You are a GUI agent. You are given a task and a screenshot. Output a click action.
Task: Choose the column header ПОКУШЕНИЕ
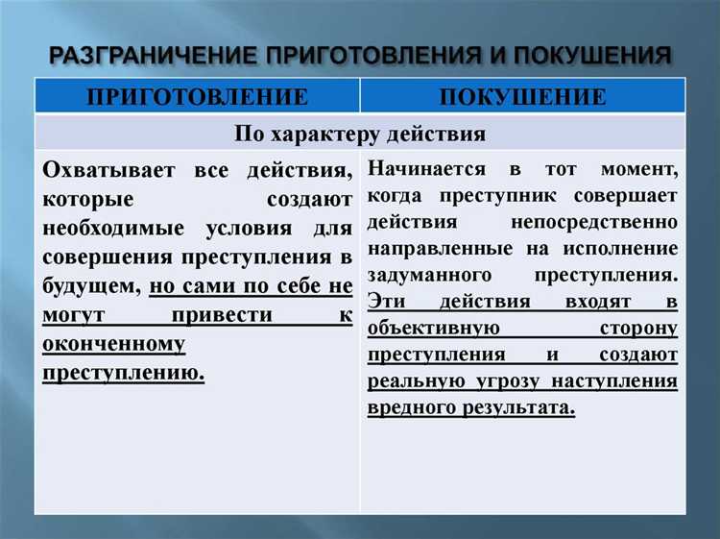click(x=523, y=97)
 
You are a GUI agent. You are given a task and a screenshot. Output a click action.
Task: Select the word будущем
click(x=92, y=286)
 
